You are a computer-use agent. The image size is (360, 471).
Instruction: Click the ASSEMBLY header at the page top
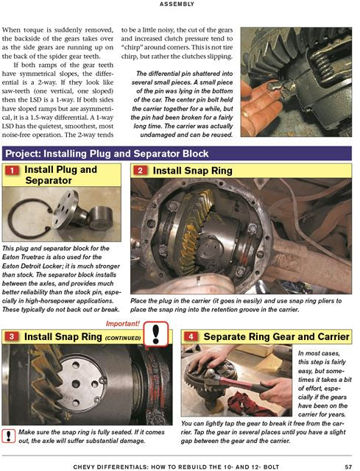click(179, 4)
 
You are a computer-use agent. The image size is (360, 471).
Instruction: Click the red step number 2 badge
click(141, 171)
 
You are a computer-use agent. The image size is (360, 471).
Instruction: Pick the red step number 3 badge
click(13, 337)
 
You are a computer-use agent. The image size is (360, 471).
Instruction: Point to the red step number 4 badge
click(191, 337)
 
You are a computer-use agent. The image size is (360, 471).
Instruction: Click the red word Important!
click(129, 322)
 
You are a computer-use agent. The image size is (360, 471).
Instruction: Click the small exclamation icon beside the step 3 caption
click(8, 434)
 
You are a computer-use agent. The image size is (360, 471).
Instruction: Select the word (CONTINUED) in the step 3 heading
click(124, 339)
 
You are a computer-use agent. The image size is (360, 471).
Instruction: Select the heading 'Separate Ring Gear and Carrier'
click(275, 337)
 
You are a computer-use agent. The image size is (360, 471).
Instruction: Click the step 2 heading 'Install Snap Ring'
click(193, 171)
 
